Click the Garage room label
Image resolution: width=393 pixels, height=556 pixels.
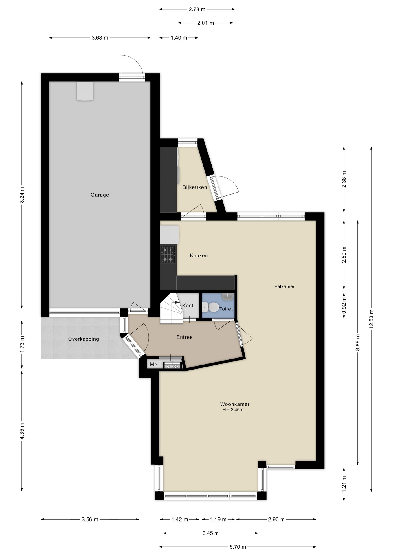tap(100, 195)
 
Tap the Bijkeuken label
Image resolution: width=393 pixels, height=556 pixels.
tap(195, 187)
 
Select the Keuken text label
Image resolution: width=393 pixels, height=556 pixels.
tap(199, 255)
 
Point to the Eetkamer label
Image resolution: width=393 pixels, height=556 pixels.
tap(284, 286)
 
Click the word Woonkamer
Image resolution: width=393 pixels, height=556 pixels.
tap(235, 404)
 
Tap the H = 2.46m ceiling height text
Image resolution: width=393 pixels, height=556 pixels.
tap(233, 409)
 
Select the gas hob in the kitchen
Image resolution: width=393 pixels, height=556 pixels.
tap(168, 255)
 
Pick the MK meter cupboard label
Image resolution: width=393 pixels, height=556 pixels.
tap(154, 364)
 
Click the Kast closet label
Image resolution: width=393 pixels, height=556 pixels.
tap(188, 306)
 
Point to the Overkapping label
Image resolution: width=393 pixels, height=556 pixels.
tap(84, 339)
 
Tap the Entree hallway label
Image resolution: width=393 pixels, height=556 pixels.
tap(185, 337)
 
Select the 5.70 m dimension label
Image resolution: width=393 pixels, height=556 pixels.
tap(238, 547)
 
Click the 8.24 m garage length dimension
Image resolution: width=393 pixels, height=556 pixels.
tap(22, 195)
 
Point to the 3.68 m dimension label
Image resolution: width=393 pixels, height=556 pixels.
tap(100, 38)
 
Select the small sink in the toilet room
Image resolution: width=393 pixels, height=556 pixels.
tap(228, 297)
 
